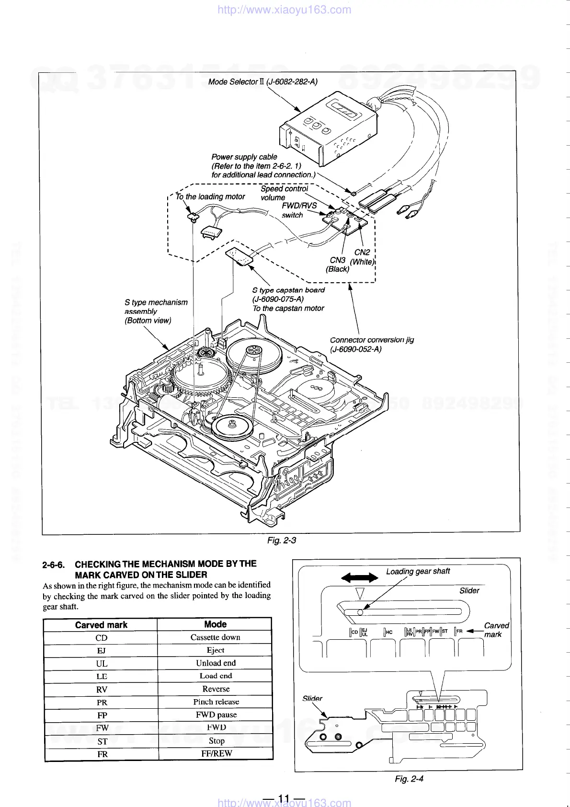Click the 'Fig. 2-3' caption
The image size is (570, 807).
(x=282, y=541)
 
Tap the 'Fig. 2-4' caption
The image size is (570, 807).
(x=409, y=779)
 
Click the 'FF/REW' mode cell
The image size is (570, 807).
(x=216, y=753)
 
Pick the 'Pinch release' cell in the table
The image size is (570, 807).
(x=216, y=702)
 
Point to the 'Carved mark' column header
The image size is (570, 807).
(x=101, y=625)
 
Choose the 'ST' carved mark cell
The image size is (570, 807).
(x=102, y=741)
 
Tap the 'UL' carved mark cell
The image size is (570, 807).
(x=102, y=664)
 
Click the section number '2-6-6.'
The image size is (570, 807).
(x=54, y=565)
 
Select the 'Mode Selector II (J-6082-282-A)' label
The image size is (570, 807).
(x=263, y=82)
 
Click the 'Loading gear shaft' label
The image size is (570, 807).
(x=418, y=571)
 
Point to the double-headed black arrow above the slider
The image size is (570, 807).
(x=359, y=577)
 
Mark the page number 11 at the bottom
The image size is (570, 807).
(x=284, y=798)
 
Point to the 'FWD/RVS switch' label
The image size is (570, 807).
(x=299, y=210)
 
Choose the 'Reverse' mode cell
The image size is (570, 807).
(x=216, y=689)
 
